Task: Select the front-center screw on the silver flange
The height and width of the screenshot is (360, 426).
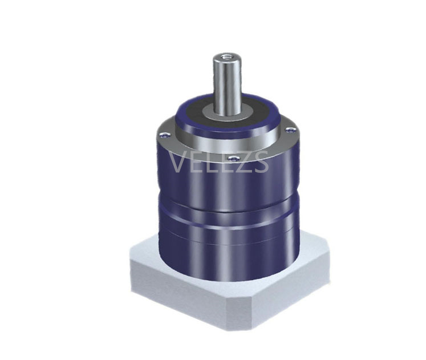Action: click(x=233, y=156)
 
